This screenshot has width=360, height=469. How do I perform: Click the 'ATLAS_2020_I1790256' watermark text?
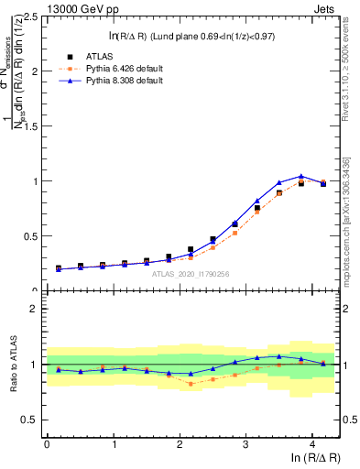(x=189, y=274)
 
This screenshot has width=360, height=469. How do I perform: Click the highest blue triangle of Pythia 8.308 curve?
(x=301, y=176)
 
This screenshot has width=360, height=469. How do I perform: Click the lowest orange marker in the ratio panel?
(x=191, y=384)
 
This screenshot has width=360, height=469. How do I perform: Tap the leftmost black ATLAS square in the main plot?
(x=59, y=267)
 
